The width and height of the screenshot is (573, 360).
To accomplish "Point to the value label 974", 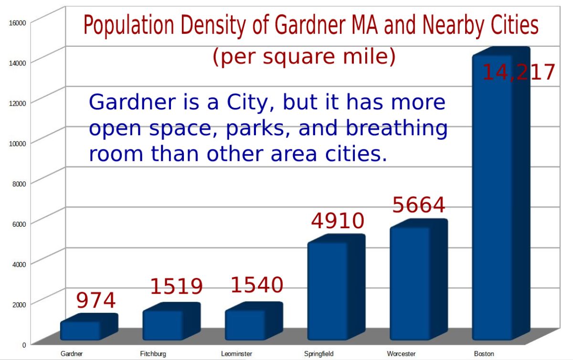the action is [96, 300].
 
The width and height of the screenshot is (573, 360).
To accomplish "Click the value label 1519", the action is [177, 286].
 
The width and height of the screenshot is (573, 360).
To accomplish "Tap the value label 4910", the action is [338, 221].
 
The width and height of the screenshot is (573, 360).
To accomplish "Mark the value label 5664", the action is [419, 205].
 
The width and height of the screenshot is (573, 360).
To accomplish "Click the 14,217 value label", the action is [519, 73].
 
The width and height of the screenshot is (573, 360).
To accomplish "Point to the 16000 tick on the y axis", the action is [17, 23].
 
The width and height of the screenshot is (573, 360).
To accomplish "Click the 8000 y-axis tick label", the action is [19, 184].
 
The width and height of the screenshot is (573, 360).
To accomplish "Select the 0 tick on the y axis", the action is [24, 345].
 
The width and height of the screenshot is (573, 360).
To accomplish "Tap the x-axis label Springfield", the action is [319, 354].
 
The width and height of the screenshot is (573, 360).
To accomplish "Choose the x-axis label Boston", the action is [484, 354].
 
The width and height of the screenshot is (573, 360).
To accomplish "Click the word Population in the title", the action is [128, 25].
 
